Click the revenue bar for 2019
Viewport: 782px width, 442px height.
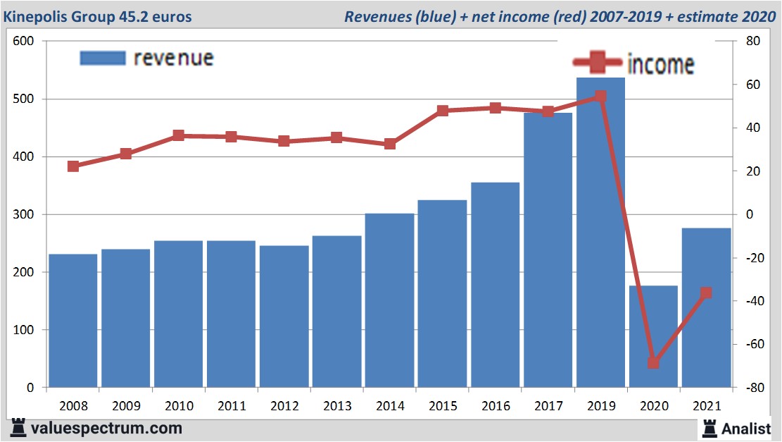pos(600,233)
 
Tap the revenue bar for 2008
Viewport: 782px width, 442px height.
pos(73,321)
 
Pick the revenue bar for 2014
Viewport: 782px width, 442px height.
pos(390,300)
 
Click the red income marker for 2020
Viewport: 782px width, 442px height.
pos(653,362)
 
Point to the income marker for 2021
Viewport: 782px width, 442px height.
pos(706,293)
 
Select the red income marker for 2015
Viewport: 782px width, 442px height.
pos(443,111)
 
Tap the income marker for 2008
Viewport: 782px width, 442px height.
pos(73,166)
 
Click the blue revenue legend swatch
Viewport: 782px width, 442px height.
pos(103,58)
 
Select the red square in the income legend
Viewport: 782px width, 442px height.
pos(598,63)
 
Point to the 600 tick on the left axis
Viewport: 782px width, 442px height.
pos(24,42)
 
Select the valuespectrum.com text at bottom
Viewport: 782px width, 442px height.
pos(106,428)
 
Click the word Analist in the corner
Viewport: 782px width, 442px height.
pos(746,428)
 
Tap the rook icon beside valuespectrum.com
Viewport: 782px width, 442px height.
pos(18,427)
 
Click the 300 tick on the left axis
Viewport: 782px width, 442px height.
pos(24,214)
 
